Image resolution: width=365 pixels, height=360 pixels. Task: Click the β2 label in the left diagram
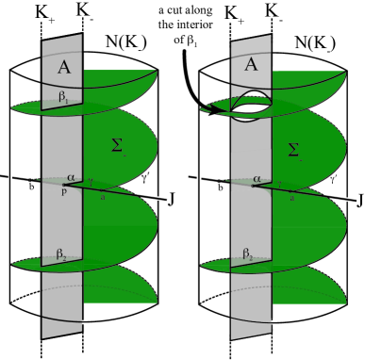[x=60, y=254]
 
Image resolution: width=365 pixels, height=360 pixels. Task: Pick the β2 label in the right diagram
[x=249, y=254]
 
